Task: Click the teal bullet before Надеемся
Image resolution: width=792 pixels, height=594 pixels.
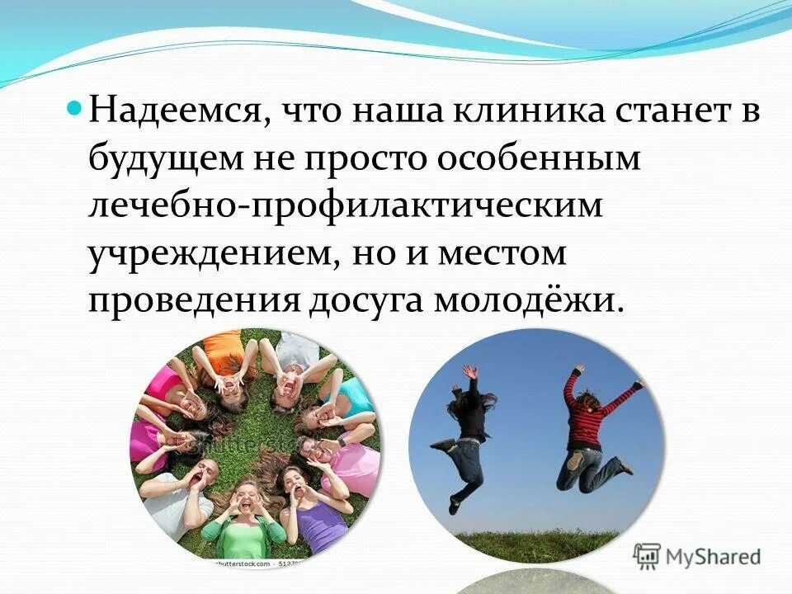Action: [73, 109]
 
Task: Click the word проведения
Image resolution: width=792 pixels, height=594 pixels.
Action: [193, 300]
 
